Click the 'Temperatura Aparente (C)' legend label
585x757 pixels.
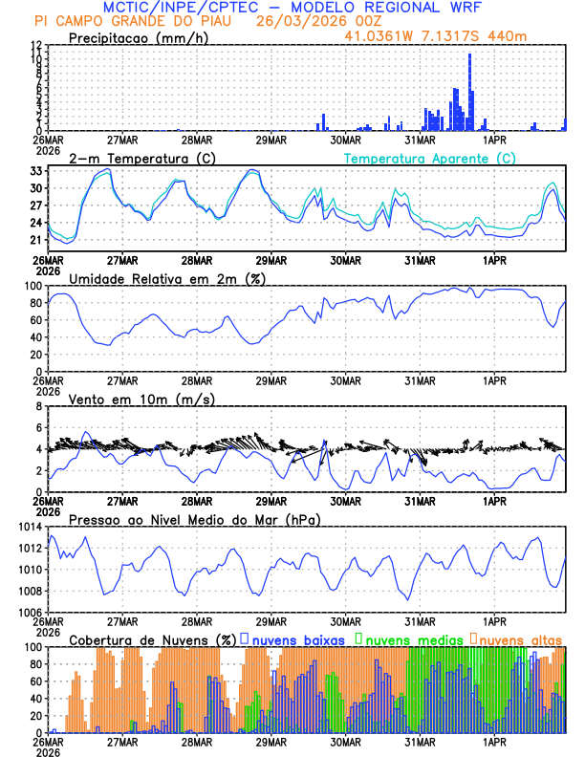click(x=429, y=158)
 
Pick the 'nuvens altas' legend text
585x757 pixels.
click(x=520, y=638)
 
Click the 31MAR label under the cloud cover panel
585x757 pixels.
click(x=419, y=741)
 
